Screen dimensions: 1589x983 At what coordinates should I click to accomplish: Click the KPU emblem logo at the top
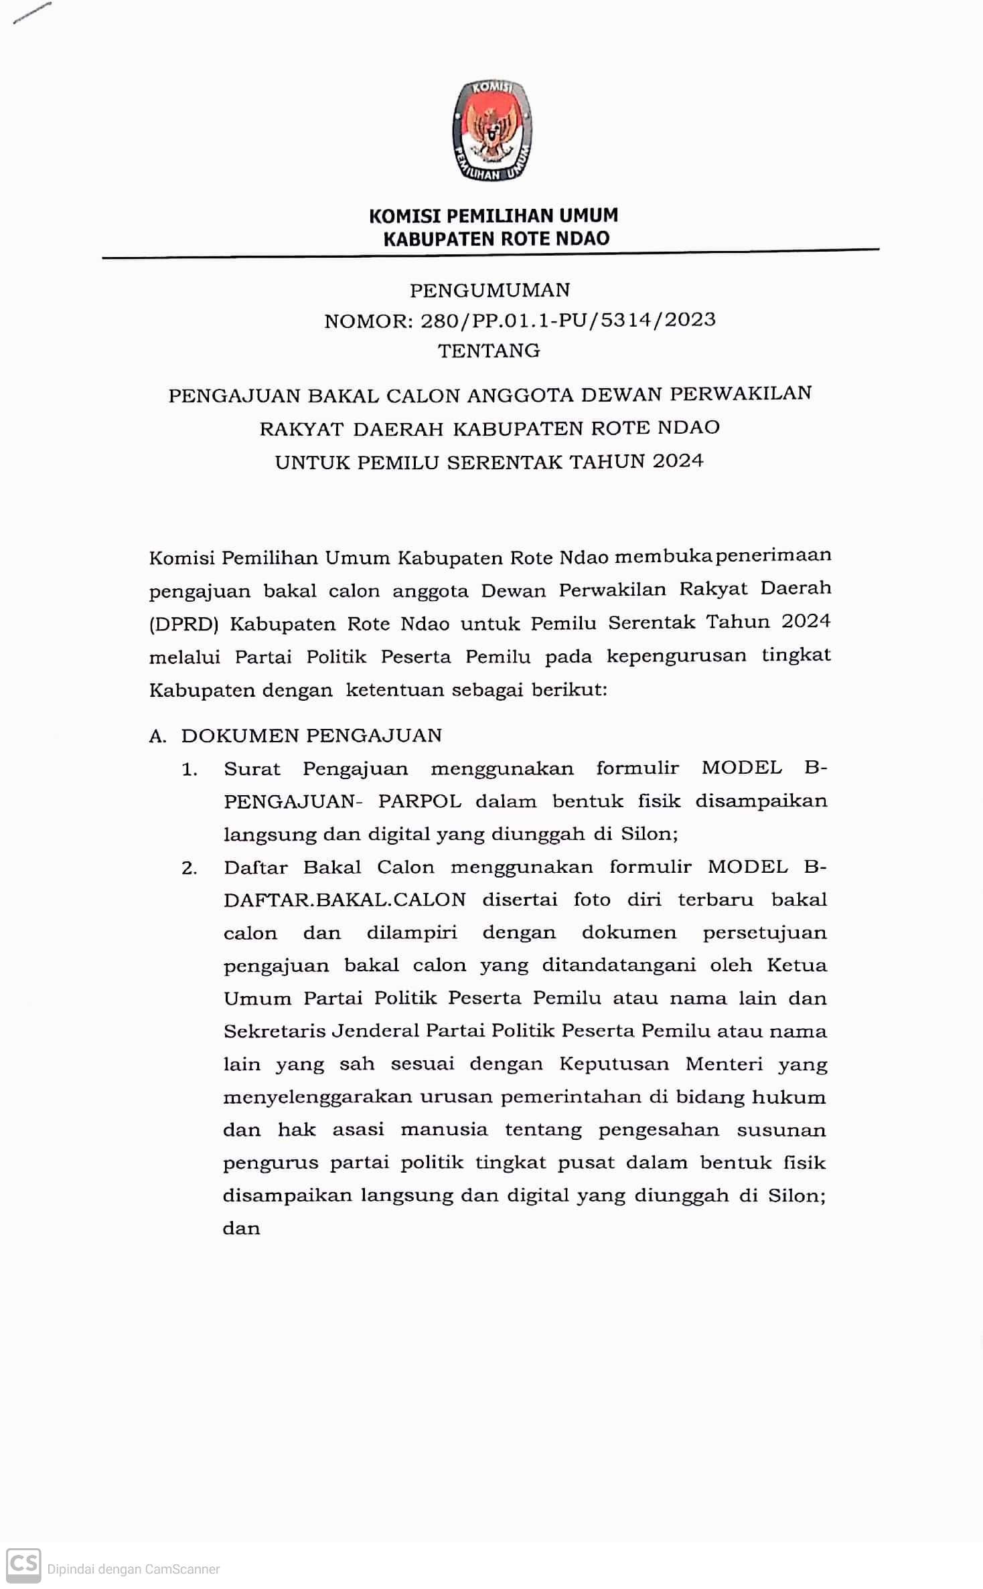point(492,131)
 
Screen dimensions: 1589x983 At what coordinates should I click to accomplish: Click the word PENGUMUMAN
point(490,290)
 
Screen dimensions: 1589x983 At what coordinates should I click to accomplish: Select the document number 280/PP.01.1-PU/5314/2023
point(568,320)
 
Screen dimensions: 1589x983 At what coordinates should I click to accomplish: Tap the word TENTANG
point(489,350)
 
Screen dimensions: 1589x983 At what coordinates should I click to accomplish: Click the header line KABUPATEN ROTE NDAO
point(496,238)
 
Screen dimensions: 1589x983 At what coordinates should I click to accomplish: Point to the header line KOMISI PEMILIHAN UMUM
point(494,216)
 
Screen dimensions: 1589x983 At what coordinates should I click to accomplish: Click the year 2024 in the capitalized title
point(678,461)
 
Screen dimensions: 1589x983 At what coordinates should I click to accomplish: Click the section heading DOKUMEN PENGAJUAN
point(311,736)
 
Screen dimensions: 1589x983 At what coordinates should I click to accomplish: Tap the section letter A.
point(157,736)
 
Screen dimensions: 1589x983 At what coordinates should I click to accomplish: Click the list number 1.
point(190,770)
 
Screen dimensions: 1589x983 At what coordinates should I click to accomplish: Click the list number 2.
point(190,868)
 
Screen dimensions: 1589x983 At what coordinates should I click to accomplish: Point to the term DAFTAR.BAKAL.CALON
point(344,900)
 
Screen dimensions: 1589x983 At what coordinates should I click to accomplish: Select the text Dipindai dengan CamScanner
point(133,1569)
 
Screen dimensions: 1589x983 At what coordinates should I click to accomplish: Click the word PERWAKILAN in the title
point(741,393)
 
